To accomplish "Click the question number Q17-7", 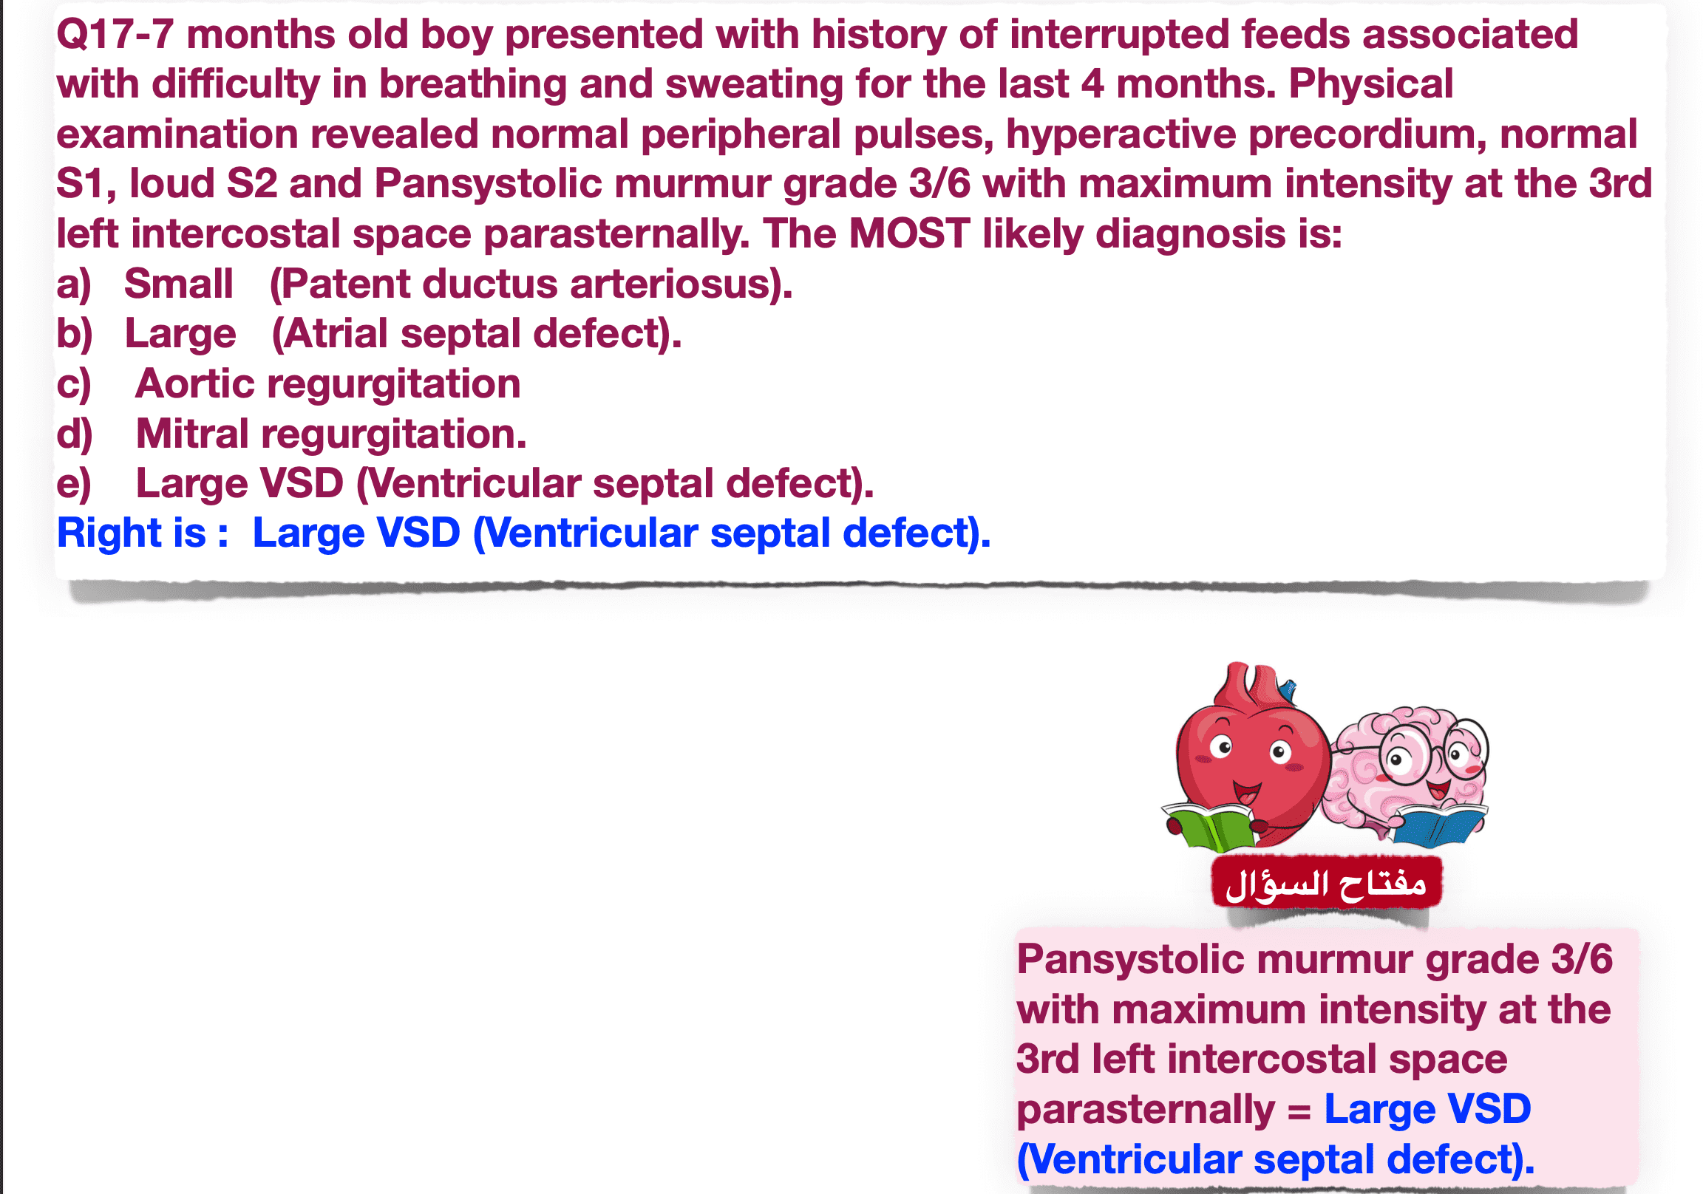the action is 115,35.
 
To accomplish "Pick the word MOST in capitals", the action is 909,233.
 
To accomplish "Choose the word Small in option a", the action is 178,283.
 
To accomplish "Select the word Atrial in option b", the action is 336,334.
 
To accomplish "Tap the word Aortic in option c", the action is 195,384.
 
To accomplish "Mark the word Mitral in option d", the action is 192,434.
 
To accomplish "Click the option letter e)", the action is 74,484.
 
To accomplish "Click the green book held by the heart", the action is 1209,825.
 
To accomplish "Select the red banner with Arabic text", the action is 1327,881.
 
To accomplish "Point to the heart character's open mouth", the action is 1247,793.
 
